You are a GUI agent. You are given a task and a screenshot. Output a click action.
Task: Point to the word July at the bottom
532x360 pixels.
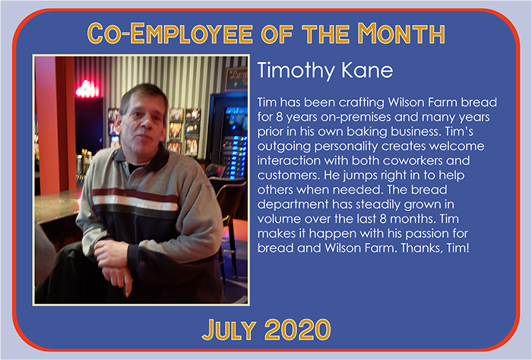pyautogui.click(x=229, y=329)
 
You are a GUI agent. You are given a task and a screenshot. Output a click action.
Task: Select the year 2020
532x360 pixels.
pyautogui.click(x=298, y=329)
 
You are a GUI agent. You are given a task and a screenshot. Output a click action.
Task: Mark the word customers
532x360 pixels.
pyautogui.click(x=288, y=175)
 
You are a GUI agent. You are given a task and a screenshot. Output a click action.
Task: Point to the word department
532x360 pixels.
pyautogui.click(x=293, y=205)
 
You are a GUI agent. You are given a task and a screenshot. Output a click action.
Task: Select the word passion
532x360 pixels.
pyautogui.click(x=427, y=234)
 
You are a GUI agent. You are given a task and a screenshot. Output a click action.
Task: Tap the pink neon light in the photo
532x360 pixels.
pyautogui.click(x=87, y=90)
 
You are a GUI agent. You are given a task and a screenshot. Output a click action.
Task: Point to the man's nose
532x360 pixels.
pyautogui.click(x=146, y=123)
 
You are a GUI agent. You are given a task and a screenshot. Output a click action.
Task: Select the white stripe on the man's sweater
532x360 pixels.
pyautogui.click(x=135, y=202)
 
